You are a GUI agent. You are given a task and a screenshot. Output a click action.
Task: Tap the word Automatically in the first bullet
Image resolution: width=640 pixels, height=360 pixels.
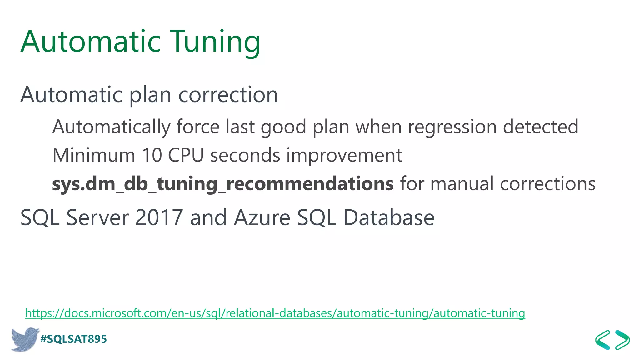coord(111,127)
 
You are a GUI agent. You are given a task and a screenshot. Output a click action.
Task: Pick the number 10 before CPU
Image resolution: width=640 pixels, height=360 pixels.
coord(152,155)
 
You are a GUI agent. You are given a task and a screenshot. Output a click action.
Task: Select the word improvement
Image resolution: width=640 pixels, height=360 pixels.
coord(344,155)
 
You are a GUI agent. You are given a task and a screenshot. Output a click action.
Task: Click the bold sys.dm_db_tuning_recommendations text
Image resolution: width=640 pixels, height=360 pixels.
coord(222,183)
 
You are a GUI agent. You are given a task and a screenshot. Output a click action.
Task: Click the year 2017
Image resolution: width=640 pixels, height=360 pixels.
coord(159,217)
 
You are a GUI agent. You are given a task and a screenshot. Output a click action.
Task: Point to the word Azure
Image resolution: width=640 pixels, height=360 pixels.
coord(262,217)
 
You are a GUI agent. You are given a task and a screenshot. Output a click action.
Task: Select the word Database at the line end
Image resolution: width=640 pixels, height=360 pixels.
coord(389,217)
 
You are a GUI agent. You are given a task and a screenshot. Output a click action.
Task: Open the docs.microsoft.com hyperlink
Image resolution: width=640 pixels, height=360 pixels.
coord(275,313)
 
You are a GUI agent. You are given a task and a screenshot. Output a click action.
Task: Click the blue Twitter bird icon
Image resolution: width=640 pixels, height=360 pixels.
coord(24,339)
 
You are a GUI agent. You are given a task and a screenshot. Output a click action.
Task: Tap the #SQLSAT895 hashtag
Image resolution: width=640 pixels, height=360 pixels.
coord(74,339)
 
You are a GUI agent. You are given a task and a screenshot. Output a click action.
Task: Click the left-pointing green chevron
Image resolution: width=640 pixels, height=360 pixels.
coord(603,340)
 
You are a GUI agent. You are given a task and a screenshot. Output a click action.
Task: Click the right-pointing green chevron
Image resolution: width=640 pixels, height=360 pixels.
coord(622,340)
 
